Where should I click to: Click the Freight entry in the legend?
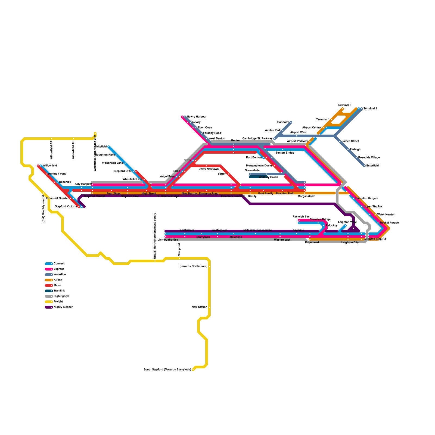[x=58, y=302]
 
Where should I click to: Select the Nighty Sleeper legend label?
[x=63, y=307]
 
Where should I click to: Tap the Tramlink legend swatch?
[x=49, y=291]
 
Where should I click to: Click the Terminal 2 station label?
[x=370, y=109]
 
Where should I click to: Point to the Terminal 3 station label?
[x=344, y=105]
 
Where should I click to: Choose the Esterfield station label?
[x=372, y=166]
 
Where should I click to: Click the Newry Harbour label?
[x=197, y=117]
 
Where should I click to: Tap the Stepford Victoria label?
[x=66, y=207]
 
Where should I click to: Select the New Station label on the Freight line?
[x=199, y=307]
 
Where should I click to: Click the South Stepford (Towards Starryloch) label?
[x=167, y=370]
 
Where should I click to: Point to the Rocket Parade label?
[x=389, y=223]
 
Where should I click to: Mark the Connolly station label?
[x=283, y=122]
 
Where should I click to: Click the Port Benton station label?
[x=254, y=158]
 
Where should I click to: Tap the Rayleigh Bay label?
[x=301, y=217]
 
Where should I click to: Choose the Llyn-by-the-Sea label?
[x=168, y=240]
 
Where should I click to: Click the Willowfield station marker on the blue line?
[x=41, y=166]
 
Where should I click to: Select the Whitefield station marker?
[x=109, y=147]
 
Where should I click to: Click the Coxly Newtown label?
[x=209, y=169]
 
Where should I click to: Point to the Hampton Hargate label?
[x=367, y=198]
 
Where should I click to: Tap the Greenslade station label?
[x=252, y=170]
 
